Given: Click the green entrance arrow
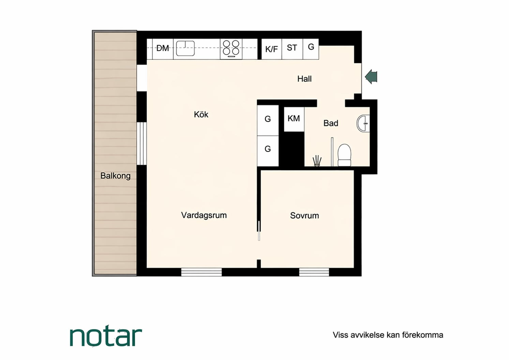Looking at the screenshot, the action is [x=371, y=77].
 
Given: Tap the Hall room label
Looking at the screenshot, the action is [x=304, y=79].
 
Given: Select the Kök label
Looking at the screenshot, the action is [x=201, y=114].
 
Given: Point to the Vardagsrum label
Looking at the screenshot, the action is [x=204, y=215].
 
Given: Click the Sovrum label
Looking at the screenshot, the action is [x=304, y=215].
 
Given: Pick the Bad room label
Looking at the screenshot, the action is [x=331, y=123].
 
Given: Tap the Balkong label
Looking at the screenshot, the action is [x=116, y=176].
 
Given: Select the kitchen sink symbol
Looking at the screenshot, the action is [x=185, y=48].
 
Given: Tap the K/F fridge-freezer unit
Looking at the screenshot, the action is [x=272, y=49].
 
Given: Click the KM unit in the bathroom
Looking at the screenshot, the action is [x=294, y=119].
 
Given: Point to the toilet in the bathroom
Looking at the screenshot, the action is [x=344, y=155].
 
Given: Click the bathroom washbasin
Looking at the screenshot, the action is [x=363, y=123].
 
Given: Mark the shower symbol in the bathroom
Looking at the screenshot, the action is [x=317, y=161].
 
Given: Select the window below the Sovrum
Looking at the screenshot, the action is [x=314, y=272].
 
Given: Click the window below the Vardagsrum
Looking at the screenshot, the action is [x=201, y=272].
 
